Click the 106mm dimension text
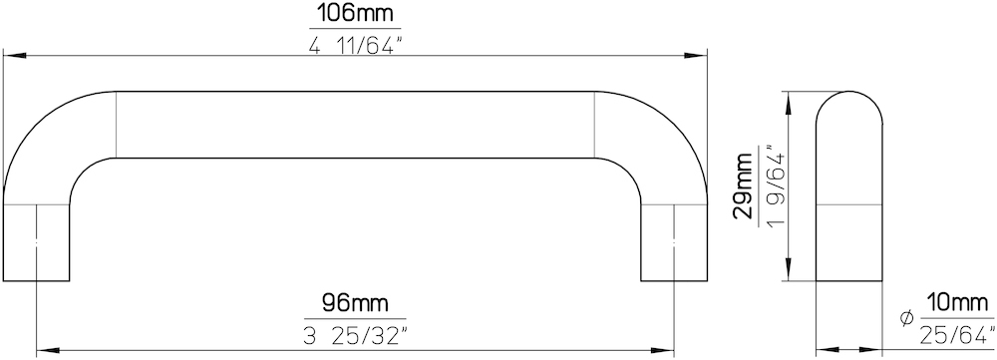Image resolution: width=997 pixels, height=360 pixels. pos(356,13)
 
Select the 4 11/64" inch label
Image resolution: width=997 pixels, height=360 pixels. pos(356,45)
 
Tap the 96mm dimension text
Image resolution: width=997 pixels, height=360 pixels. pos(355,303)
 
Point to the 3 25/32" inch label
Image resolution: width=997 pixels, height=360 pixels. pos(355,335)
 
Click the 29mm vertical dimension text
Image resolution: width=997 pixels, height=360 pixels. pos(743,185)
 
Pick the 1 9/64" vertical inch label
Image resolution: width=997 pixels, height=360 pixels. pos(774,185)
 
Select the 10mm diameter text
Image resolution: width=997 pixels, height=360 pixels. pos(956,303)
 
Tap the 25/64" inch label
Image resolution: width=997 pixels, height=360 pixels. pos(957,334)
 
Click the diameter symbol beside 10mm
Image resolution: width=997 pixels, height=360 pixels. pos(907,318)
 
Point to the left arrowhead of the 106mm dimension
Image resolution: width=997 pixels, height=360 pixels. pos(14,56)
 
